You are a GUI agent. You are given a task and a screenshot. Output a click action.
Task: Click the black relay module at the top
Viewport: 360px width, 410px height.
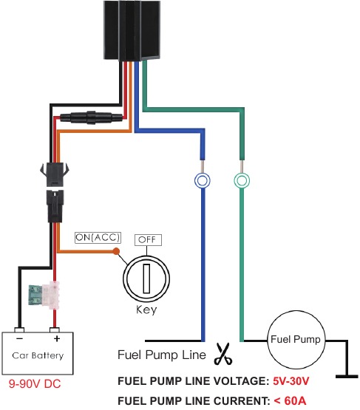coord(132,30)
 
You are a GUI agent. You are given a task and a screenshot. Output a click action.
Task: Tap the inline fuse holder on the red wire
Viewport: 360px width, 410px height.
coord(91,117)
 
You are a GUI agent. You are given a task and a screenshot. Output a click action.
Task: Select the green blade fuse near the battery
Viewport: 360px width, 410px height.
coord(35,295)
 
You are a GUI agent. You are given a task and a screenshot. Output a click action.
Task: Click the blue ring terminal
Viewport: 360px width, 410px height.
coord(203,180)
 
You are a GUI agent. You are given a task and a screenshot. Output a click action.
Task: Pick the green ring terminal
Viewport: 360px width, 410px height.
coord(242,180)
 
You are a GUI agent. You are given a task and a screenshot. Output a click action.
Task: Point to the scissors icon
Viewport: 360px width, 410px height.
coord(223,354)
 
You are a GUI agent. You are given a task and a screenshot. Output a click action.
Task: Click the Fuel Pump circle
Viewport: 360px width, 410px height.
coord(296,339)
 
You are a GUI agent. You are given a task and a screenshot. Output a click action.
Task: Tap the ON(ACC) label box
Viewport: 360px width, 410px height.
coord(98,237)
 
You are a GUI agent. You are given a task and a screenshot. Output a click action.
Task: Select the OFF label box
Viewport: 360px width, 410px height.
coord(148,240)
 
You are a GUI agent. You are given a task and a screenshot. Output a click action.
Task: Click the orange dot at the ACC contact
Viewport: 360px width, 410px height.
coord(116,252)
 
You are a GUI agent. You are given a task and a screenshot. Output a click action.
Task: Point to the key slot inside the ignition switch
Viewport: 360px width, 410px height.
coord(146,279)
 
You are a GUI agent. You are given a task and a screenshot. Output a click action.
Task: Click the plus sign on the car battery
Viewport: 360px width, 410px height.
coord(57,339)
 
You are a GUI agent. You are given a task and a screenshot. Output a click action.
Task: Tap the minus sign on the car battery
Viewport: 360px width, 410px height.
coord(20,339)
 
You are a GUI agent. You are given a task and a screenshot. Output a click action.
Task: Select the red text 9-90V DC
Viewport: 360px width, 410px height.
coord(35,383)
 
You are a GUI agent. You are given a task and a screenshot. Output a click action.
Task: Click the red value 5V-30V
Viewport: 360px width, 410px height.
coord(291,381)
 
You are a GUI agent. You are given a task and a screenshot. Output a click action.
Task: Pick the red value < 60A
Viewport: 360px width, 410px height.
coord(290,400)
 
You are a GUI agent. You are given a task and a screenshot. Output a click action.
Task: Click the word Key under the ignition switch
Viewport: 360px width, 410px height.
coord(146,310)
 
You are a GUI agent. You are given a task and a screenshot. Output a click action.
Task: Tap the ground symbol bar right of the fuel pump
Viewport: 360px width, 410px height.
coord(347,377)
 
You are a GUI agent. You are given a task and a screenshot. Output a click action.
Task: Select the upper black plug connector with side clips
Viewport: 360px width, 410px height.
coord(55,174)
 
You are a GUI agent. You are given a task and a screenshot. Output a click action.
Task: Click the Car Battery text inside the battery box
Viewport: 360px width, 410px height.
coord(38,355)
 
